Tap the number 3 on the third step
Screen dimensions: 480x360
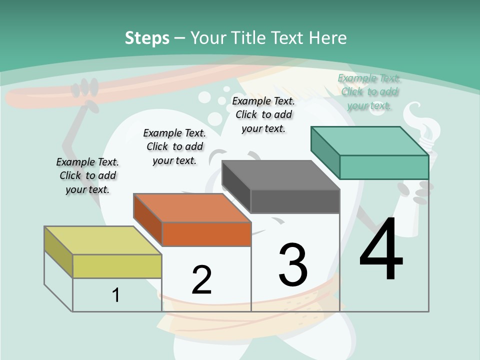tap(292, 264)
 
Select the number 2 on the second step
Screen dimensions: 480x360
tap(201, 279)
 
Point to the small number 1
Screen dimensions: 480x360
tap(116, 295)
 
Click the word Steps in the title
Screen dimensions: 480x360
tap(147, 38)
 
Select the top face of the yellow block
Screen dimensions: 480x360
tap(102, 240)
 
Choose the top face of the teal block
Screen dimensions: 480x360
tap(369, 141)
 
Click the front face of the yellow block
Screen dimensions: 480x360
tap(117, 266)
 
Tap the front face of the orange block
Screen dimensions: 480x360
tap(206, 234)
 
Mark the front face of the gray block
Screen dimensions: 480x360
tap(295, 201)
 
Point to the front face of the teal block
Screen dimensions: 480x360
tap(384, 167)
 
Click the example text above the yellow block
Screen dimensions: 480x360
tap(87, 175)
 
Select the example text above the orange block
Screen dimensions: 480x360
tap(174, 146)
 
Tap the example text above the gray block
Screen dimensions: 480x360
tap(263, 114)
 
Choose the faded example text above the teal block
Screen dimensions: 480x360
tap(369, 91)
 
